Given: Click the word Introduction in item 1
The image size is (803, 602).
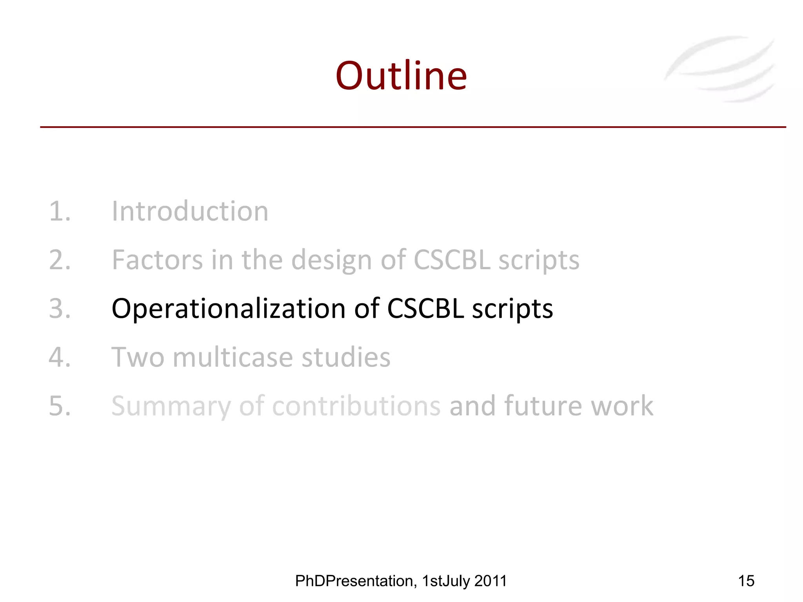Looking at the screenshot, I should pos(190,212).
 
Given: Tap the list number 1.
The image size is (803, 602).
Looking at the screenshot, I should pos(59,212).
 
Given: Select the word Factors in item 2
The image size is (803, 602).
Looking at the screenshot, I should pos(157,260).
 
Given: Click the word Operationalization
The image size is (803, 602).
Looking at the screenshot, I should pos(228,309).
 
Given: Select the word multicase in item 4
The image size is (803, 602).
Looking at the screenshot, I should pos(233,357).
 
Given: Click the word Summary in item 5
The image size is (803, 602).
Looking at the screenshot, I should pos(171,406).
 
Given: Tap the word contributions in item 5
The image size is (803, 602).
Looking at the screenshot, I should pos(356,406).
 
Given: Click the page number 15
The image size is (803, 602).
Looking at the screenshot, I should pos(746,581).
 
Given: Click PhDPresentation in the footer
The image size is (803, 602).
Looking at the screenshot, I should pos(355,581).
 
